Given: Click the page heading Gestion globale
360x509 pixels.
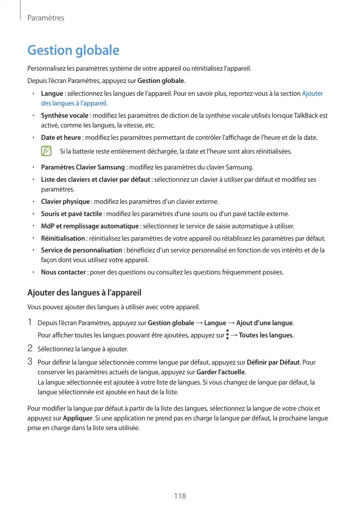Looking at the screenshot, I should (x=73, y=51).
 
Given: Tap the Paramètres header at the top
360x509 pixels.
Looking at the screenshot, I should (x=46, y=18).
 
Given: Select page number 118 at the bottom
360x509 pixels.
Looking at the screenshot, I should (x=180, y=496).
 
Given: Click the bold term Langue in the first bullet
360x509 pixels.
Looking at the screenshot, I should (x=52, y=94).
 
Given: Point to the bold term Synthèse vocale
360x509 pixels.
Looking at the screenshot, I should (x=65, y=116).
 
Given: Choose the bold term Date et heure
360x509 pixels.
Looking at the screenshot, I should (x=61, y=138).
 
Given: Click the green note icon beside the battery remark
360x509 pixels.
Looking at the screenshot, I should (x=47, y=152).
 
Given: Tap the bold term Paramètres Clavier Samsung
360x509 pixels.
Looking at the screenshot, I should (x=83, y=167).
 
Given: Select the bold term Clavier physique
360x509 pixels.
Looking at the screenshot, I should (x=66, y=201).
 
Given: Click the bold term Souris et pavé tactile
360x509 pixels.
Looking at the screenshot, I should (x=72, y=214).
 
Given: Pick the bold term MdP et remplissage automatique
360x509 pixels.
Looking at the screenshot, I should (x=90, y=226).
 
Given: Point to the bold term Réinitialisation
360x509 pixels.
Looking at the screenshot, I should (x=63, y=238).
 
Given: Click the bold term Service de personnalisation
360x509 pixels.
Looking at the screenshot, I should (x=81, y=250).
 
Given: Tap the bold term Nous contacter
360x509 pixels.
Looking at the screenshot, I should (x=63, y=272).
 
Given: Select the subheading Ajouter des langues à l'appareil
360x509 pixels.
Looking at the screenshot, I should (x=83, y=293).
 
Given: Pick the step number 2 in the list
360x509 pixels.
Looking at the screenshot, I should (x=30, y=349).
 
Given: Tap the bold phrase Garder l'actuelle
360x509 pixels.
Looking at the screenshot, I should (x=221, y=371).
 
